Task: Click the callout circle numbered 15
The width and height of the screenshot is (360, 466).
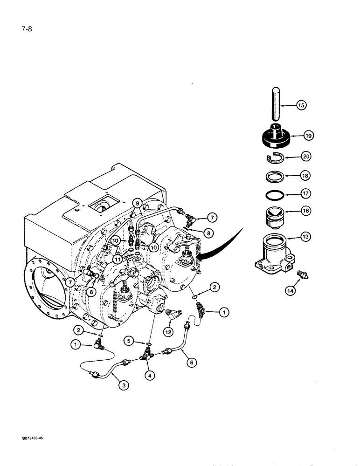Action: [x=301, y=106]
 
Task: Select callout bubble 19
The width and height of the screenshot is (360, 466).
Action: [x=308, y=136]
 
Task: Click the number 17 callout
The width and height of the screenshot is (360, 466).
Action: [x=305, y=193]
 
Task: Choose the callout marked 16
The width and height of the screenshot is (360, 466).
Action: [x=305, y=211]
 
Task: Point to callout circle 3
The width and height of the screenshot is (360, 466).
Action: [x=124, y=385]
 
